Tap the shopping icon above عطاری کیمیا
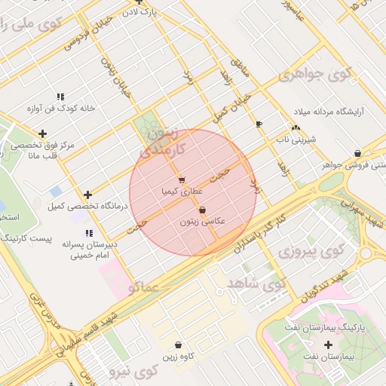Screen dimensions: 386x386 click(182, 179)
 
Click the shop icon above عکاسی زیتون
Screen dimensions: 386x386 click(202, 210)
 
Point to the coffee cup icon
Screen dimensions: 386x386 click(259, 123)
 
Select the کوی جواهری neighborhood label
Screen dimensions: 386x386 click(315, 75)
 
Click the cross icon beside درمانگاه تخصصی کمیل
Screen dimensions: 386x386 click(88, 195)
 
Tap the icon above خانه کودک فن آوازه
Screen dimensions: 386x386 click(60, 96)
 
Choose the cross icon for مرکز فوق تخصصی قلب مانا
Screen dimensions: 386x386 click(42, 133)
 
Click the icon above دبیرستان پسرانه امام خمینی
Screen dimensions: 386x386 click(89, 233)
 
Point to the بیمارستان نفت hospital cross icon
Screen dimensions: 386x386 click(328, 345)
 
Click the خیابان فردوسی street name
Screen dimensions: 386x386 click(82, 36)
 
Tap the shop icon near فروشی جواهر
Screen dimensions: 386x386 click(357, 153)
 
